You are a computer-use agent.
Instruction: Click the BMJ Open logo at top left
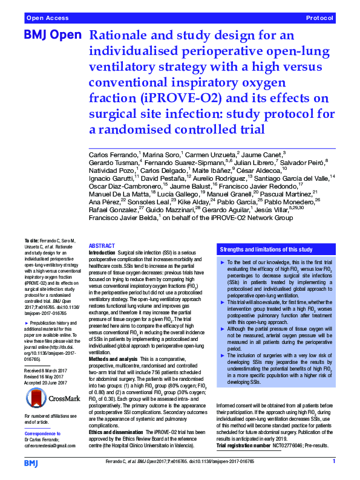click(51, 36)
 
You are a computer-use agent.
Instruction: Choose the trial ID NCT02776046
click(287, 445)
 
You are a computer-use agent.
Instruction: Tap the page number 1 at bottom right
click(334, 461)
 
